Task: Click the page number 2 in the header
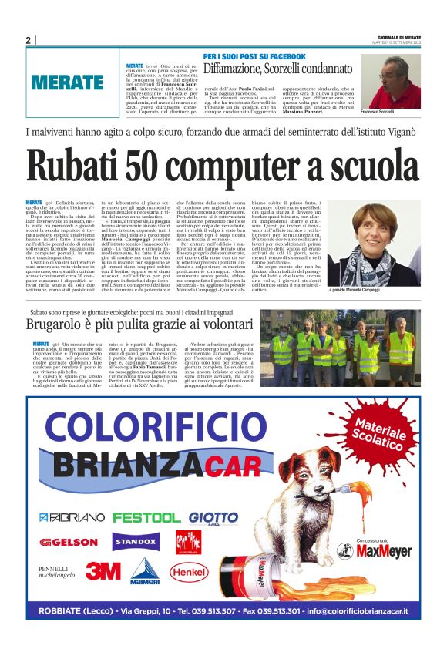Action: pyautogui.click(x=28, y=40)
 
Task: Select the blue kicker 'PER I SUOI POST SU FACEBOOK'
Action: pyautogui.click(x=254, y=57)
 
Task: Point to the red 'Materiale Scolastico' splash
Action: pyautogui.click(x=381, y=434)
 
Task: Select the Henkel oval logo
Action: pyautogui.click(x=189, y=572)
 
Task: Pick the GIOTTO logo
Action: pyautogui.click(x=213, y=516)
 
